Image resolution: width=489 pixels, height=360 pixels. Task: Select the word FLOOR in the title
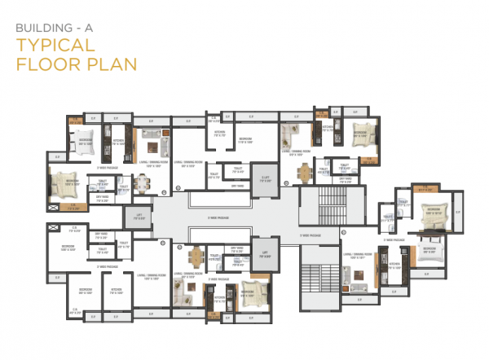click(x=44, y=63)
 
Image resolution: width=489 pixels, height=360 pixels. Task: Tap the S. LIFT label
click(x=265, y=178)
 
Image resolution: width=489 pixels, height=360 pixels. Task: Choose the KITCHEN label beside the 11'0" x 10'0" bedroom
click(x=219, y=132)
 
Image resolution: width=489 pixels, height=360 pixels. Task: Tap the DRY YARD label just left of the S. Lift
click(x=238, y=186)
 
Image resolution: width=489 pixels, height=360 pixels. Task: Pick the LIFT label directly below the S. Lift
click(x=264, y=253)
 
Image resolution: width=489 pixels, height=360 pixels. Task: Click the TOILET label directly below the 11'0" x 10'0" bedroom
click(x=239, y=171)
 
